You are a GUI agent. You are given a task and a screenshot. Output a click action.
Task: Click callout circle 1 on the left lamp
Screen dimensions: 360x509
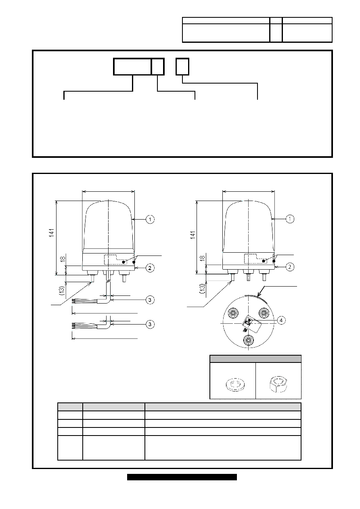(x=150, y=219)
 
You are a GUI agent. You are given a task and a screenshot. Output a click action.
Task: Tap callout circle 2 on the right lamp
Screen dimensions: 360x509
(x=290, y=267)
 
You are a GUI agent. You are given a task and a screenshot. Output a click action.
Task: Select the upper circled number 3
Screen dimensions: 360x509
(x=150, y=300)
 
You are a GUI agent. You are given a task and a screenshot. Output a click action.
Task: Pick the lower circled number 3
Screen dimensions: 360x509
(x=150, y=324)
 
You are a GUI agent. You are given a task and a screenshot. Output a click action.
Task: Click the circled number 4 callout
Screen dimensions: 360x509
(x=281, y=320)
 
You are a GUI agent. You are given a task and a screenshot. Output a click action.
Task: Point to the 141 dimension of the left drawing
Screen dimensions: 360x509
(x=52, y=233)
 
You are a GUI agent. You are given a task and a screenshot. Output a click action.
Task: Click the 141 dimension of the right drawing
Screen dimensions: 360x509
(x=193, y=235)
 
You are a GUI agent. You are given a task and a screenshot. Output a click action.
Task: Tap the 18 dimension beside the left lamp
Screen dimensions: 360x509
(x=63, y=259)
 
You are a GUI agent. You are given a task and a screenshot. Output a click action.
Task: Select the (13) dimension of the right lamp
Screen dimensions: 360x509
(x=202, y=289)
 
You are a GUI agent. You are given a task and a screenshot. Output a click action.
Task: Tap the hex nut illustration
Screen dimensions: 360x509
(x=278, y=384)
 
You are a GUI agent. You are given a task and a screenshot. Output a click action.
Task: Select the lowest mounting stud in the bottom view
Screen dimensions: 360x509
(x=249, y=340)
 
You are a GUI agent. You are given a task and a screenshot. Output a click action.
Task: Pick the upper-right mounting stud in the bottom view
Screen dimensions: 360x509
(x=264, y=313)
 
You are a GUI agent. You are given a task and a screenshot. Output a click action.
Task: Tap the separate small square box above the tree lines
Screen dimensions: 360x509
(x=182, y=67)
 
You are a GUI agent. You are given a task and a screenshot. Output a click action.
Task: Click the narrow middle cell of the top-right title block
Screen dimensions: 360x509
(x=276, y=30)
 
